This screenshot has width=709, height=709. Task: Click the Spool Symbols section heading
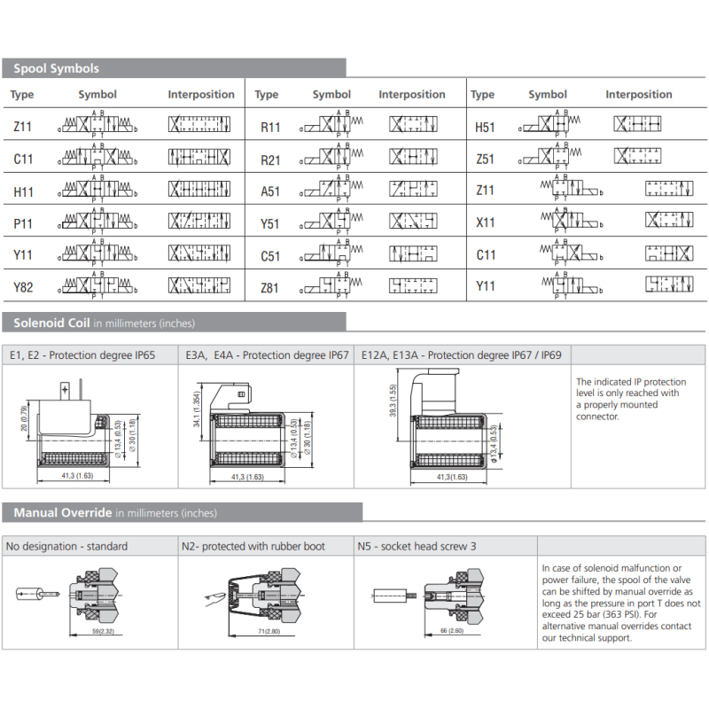pyautogui.click(x=56, y=68)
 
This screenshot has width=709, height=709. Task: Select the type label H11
pyautogui.click(x=23, y=191)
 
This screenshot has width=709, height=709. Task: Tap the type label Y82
pyautogui.click(x=23, y=287)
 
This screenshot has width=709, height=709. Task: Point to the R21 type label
pyautogui.click(x=270, y=160)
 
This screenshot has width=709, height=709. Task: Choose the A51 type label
pyautogui.click(x=270, y=191)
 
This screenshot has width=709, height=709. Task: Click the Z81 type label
pyautogui.click(x=270, y=287)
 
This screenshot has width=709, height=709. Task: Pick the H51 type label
pyautogui.click(x=485, y=128)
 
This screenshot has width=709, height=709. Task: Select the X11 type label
pyautogui.click(x=485, y=223)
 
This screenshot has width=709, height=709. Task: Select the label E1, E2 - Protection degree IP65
pyautogui.click(x=82, y=355)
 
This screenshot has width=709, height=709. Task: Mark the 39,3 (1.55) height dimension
pyautogui.click(x=391, y=402)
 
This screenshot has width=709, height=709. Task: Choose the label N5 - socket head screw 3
pyautogui.click(x=417, y=546)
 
